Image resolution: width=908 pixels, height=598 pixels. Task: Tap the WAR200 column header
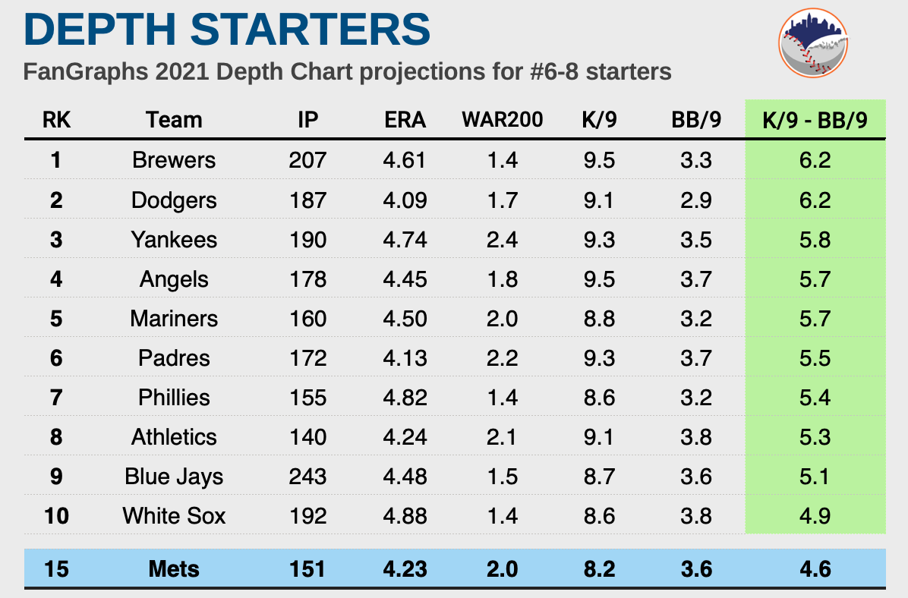[x=502, y=120]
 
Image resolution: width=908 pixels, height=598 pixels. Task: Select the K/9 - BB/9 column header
[x=815, y=120]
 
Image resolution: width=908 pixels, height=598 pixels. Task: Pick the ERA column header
[x=405, y=120]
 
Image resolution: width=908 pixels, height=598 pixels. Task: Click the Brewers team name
[x=174, y=160]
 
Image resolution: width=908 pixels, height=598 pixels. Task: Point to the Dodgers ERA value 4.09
[x=405, y=200]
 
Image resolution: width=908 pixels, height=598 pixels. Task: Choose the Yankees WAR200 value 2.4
[x=502, y=240]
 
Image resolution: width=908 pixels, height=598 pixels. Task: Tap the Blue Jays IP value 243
[x=307, y=477]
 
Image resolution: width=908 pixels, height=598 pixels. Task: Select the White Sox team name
[x=174, y=516]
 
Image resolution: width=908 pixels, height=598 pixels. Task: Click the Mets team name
[x=174, y=569]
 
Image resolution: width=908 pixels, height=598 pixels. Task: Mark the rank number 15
[x=57, y=569]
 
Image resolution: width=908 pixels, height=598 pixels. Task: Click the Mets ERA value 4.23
[x=405, y=569]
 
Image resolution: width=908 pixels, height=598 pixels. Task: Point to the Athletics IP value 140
[x=307, y=437]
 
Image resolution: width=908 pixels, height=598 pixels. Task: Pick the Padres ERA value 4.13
[x=405, y=358]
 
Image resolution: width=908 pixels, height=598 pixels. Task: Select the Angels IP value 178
[x=307, y=279]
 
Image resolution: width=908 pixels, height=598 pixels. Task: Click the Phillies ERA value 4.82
[x=405, y=398]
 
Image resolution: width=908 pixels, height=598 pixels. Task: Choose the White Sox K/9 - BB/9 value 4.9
[x=815, y=516]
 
